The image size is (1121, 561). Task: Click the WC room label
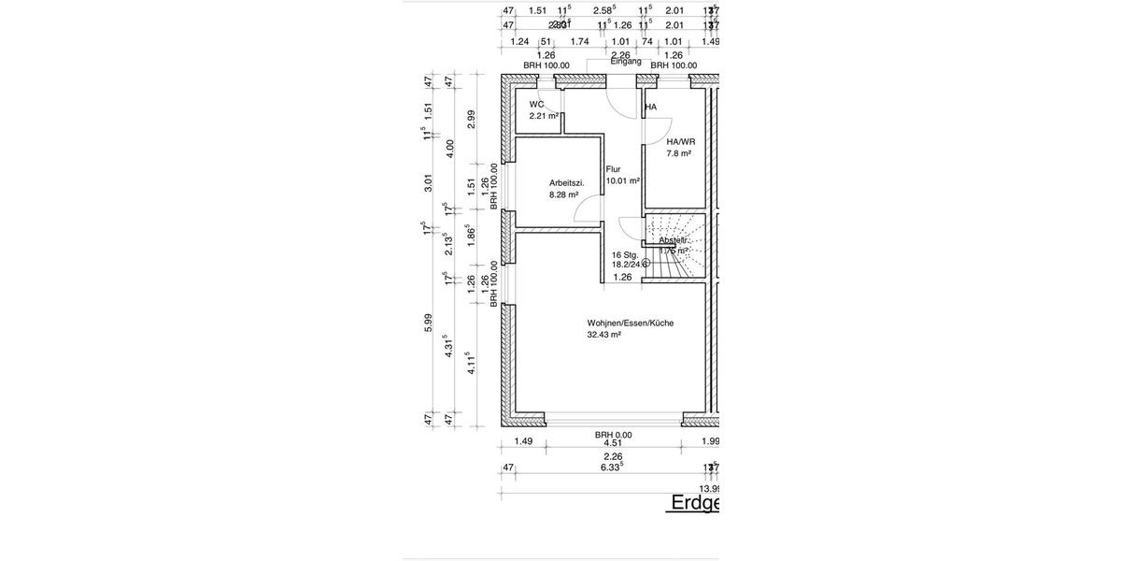pos(536,105)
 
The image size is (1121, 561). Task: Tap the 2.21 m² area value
pos(544,117)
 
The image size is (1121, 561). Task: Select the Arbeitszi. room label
pos(566,182)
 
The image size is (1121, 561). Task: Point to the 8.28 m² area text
pos(564,194)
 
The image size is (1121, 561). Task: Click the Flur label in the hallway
pos(614,169)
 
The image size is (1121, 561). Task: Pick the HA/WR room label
pos(680,141)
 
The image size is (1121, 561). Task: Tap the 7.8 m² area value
pos(678,153)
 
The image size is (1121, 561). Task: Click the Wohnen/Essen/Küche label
pos(630,323)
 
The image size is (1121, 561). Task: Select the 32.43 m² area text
pos(604,335)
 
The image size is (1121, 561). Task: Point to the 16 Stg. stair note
pos(625,254)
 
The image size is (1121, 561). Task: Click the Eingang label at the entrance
pos(626,61)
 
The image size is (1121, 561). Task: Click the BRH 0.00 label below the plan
pos(614,435)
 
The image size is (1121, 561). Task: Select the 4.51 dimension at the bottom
pos(613,443)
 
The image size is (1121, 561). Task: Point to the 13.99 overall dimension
pos(709,488)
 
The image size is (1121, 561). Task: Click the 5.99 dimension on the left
pos(428,320)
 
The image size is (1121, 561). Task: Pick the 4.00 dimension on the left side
pos(449,146)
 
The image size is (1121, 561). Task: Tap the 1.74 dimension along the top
pos(579,41)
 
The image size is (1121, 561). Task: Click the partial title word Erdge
pos(695,503)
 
